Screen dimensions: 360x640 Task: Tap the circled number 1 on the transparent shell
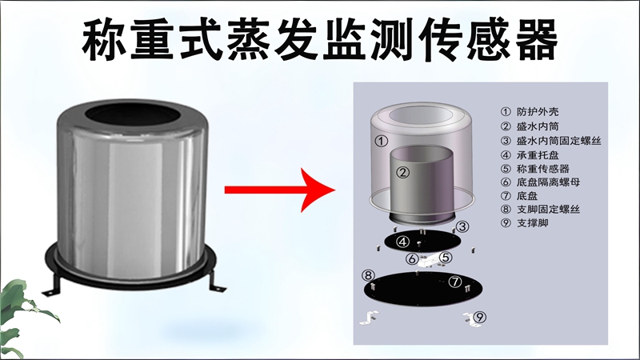click(x=382, y=142)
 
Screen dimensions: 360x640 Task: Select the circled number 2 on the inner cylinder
click(x=404, y=171)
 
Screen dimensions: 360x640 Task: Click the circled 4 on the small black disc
click(x=404, y=241)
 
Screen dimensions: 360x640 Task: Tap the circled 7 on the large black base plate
click(x=455, y=282)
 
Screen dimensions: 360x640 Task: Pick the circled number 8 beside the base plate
click(x=369, y=276)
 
